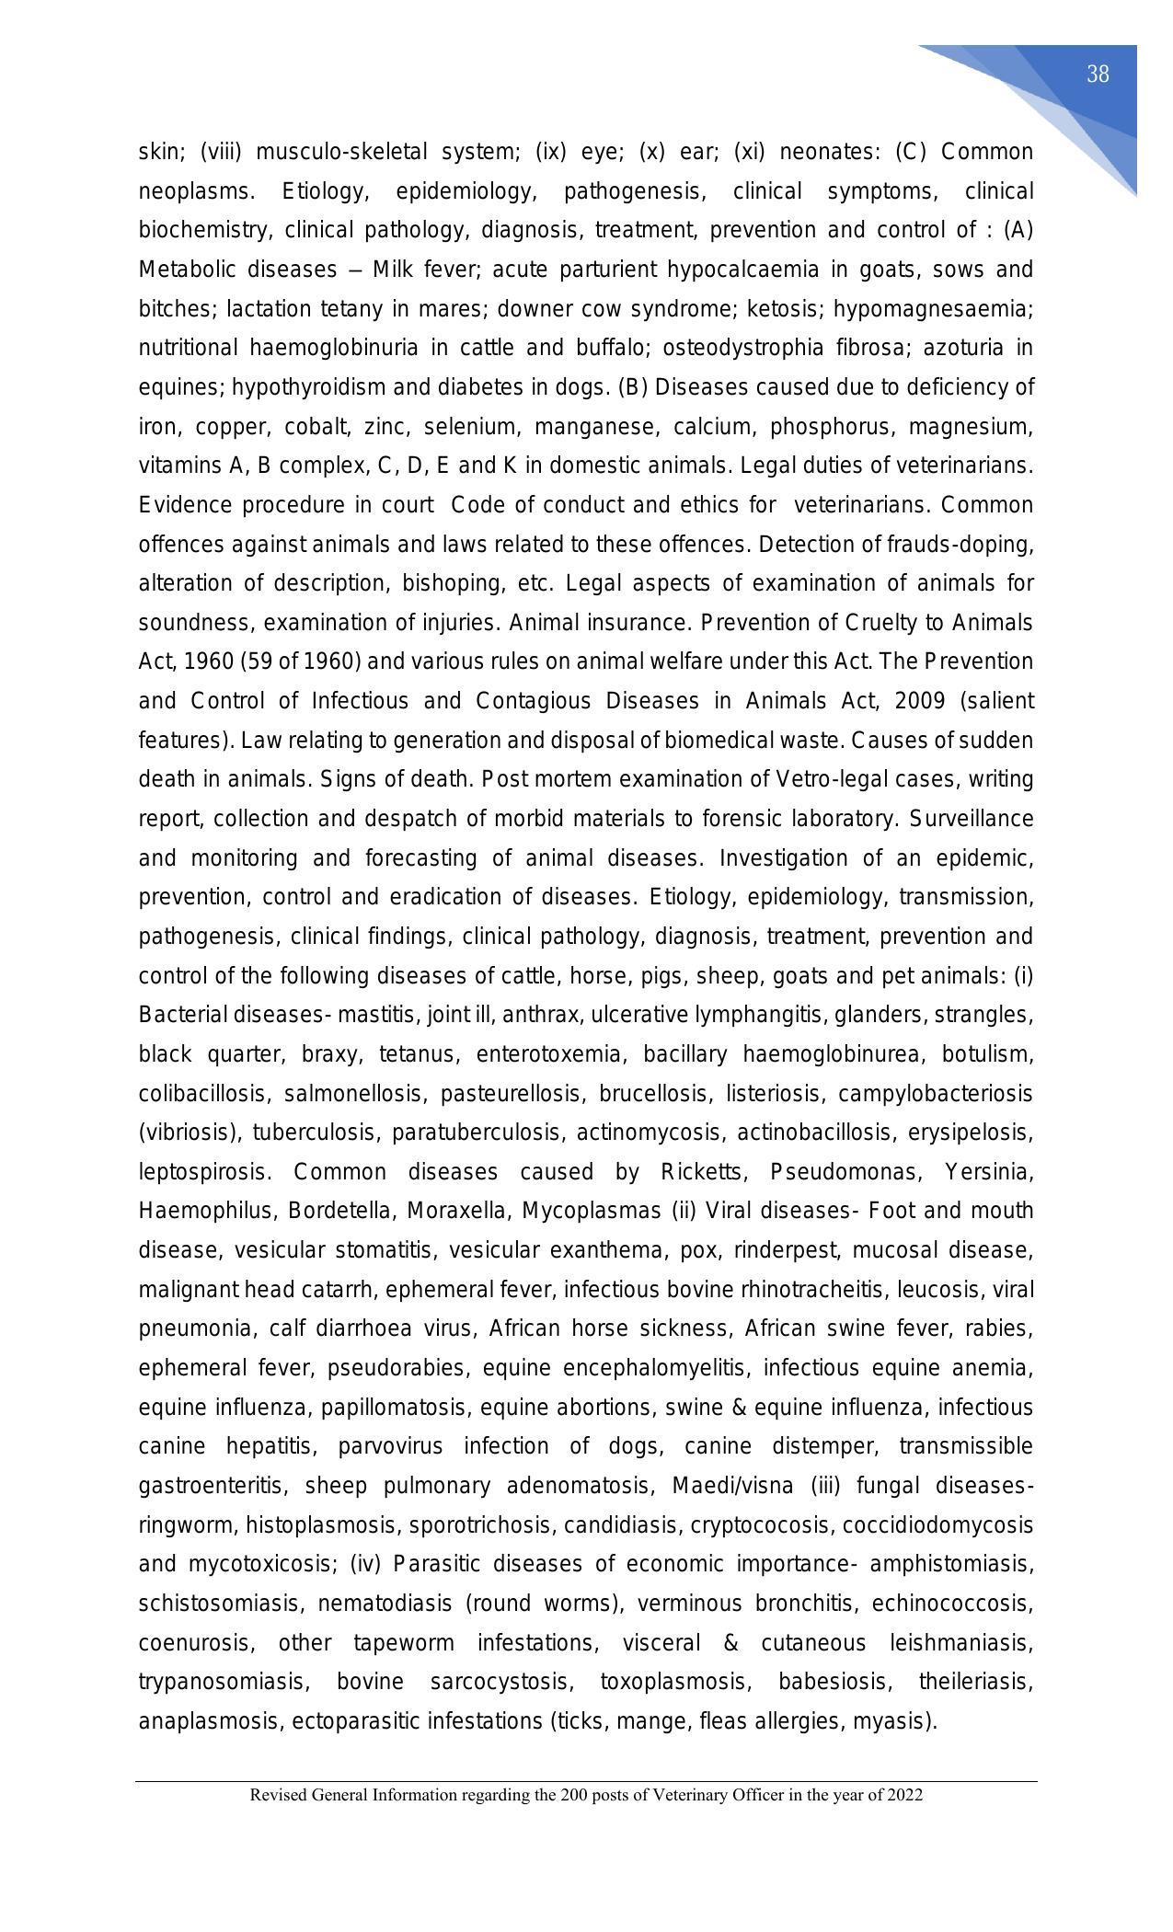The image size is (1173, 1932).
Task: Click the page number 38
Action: [x=1097, y=75]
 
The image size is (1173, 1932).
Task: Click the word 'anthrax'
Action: [x=547, y=1015]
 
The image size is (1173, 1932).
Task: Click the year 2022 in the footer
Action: [x=905, y=1795]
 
